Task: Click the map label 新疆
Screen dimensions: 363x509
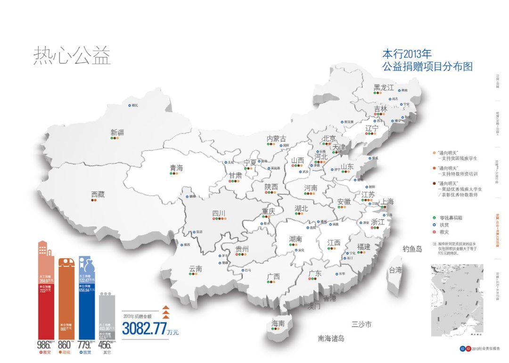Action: pos(117,132)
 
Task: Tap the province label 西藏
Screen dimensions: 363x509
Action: pos(98,194)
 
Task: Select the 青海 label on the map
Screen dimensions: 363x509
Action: pos(176,168)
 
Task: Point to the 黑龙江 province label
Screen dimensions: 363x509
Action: pos(383,87)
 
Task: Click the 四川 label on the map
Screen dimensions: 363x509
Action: pos(219,214)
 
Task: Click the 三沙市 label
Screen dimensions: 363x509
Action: pos(361,324)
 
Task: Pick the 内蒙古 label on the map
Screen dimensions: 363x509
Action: pos(276,139)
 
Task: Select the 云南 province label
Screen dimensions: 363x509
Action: pos(196,269)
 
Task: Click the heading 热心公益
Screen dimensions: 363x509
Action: pos(71,56)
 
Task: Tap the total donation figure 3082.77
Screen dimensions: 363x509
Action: pos(144,329)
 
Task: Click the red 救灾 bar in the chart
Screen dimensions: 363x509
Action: pos(46,306)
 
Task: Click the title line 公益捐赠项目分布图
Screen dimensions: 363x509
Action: pos(427,66)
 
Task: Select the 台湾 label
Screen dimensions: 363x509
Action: pos(394,270)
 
